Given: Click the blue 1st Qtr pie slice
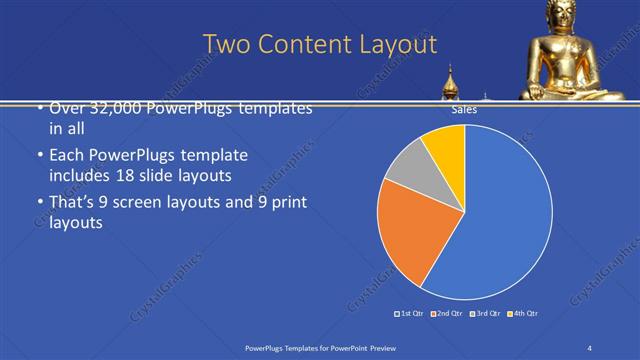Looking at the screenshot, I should point(505,220).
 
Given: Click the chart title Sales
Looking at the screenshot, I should point(464,110).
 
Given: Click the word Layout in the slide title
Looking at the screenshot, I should point(394,44).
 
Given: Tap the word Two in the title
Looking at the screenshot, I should point(224,44).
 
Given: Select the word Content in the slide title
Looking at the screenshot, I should point(302,44).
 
